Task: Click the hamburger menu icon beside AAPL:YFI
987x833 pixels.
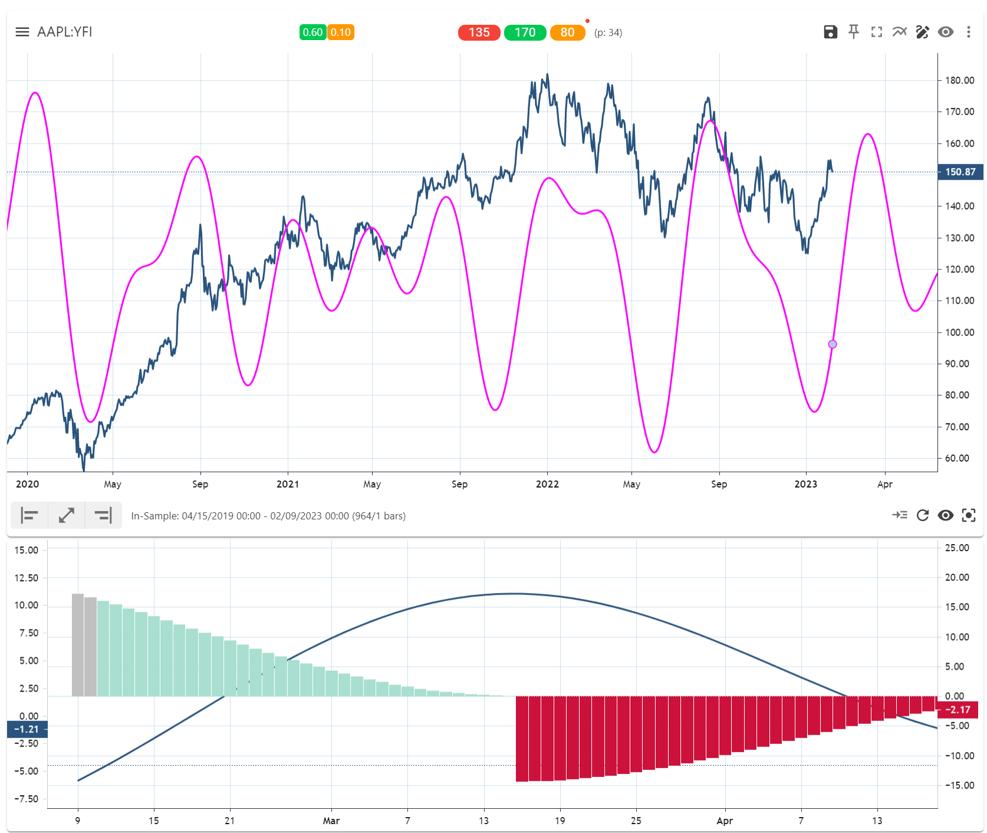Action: click(22, 32)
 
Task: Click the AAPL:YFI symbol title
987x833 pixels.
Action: click(64, 32)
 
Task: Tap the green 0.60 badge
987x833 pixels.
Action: click(312, 32)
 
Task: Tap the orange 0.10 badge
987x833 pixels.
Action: click(340, 32)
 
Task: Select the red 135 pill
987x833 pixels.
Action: click(479, 32)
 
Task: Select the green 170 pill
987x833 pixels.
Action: click(525, 32)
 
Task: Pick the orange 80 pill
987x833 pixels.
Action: click(567, 32)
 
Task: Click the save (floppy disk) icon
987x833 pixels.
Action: click(830, 32)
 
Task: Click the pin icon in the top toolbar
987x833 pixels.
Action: click(853, 32)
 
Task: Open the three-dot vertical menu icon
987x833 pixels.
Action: click(968, 32)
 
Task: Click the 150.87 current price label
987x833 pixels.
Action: click(960, 172)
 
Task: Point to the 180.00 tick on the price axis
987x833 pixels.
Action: click(959, 80)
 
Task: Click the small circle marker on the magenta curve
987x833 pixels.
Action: click(833, 344)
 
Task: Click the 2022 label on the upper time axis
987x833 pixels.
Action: click(547, 484)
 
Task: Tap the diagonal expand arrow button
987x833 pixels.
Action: click(67, 515)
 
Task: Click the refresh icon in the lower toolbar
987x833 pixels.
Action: click(923, 515)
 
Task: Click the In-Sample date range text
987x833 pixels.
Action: click(268, 516)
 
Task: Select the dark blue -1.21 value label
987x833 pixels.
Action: click(27, 729)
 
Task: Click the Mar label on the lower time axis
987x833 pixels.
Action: click(331, 821)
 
